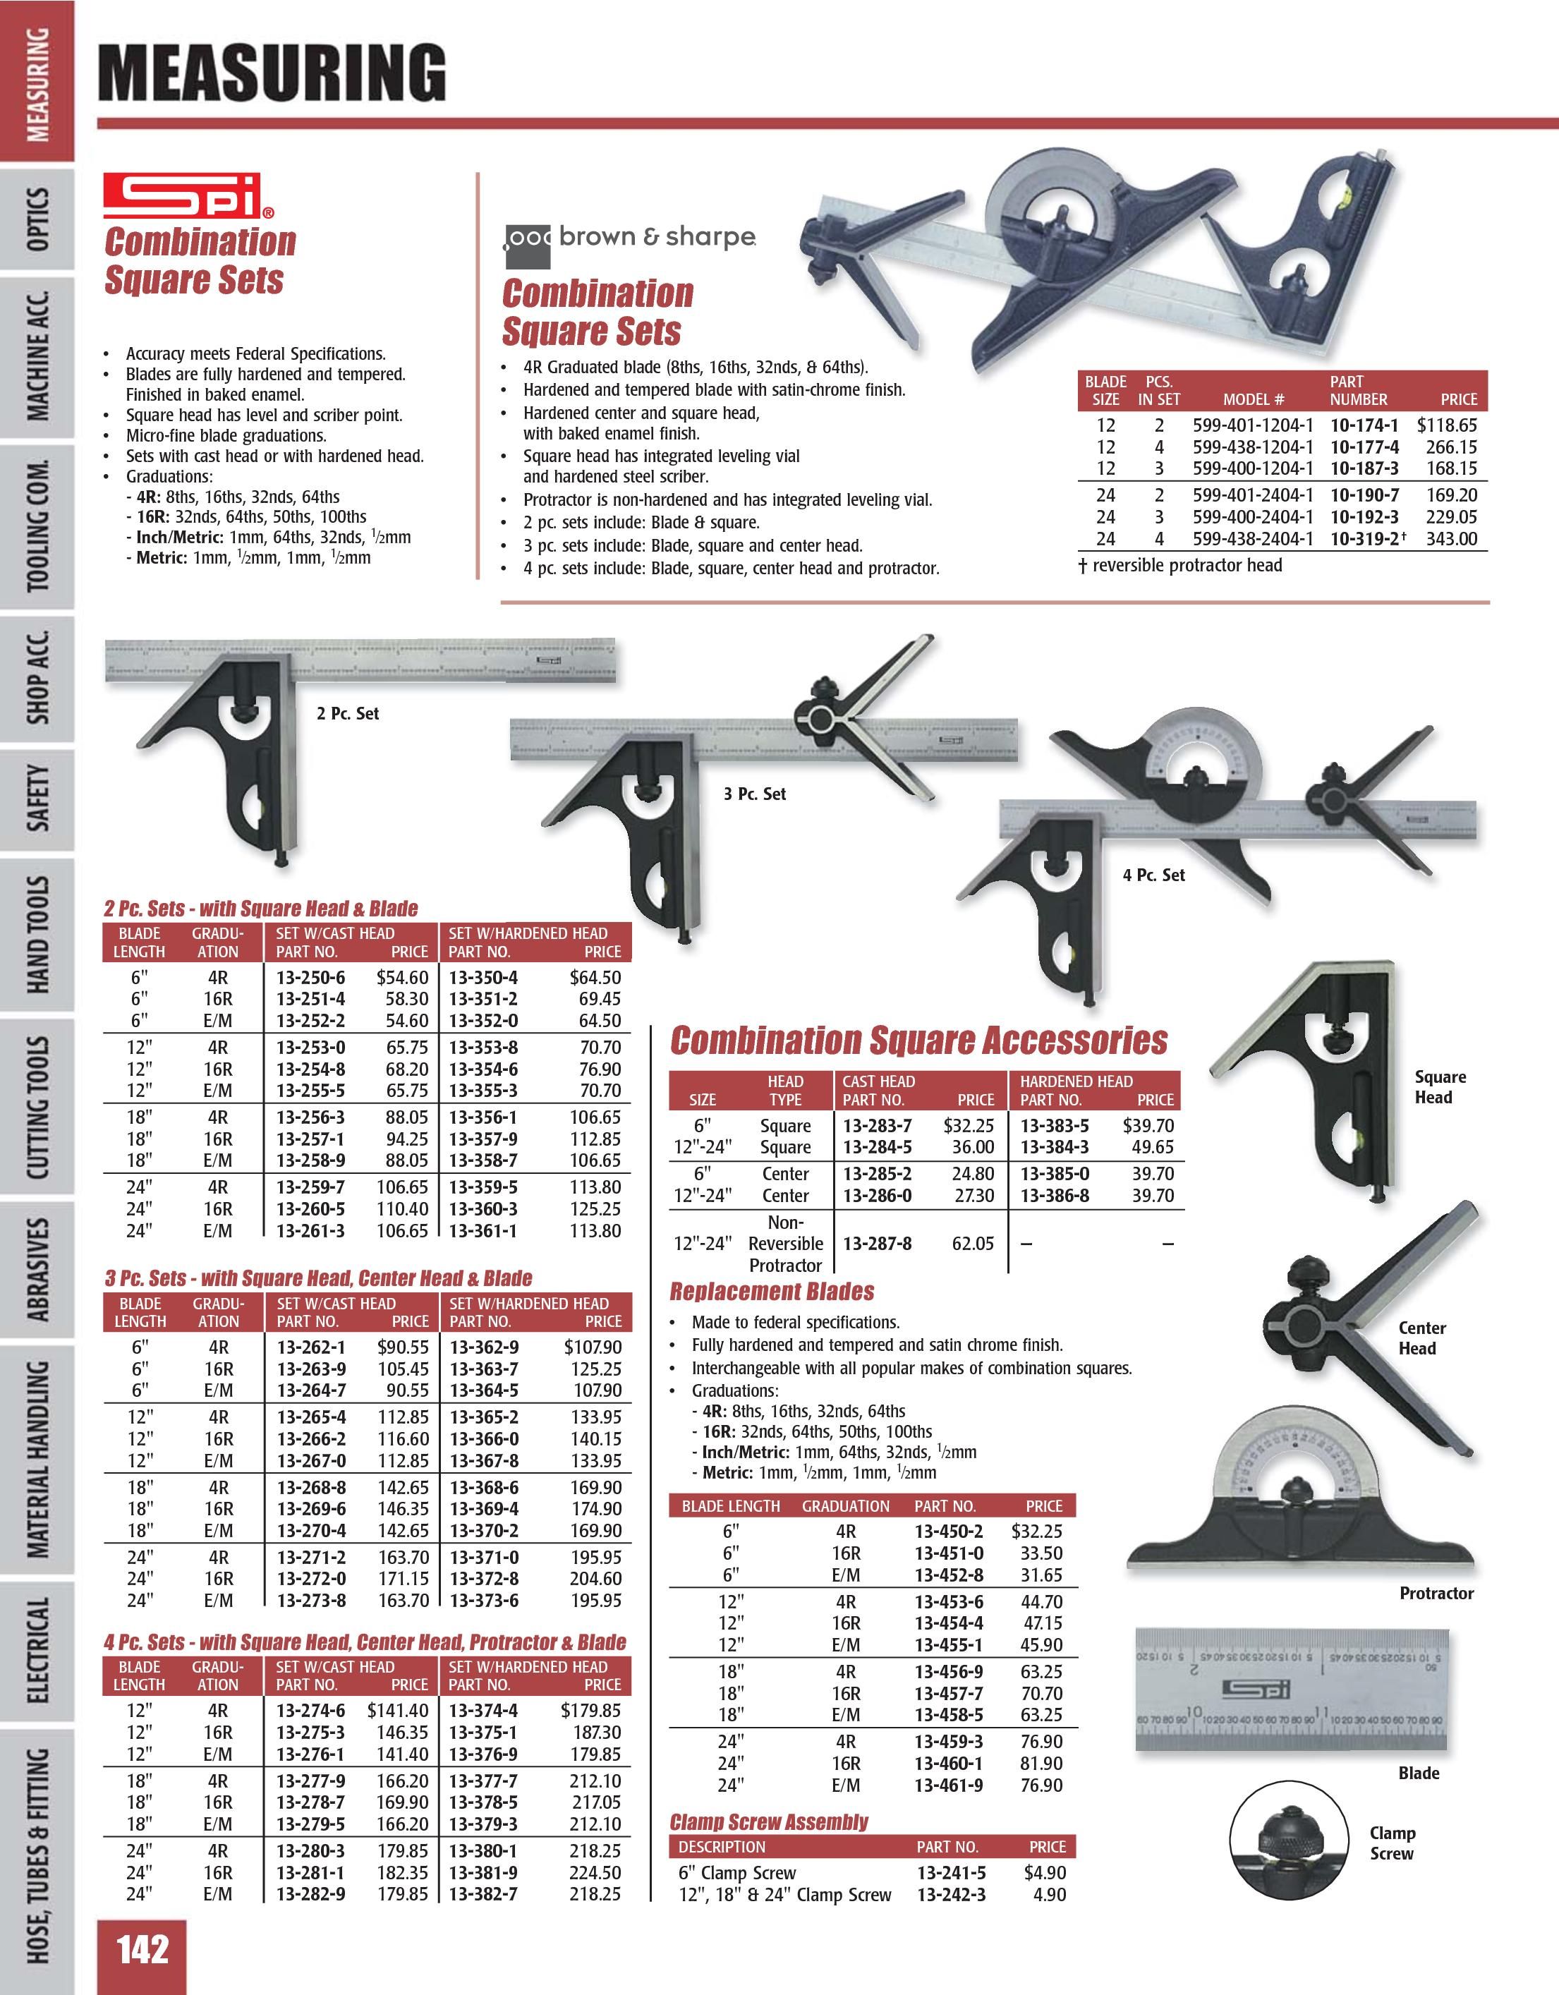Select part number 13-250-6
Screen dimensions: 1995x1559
[x=310, y=978]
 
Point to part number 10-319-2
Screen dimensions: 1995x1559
[x=1364, y=539]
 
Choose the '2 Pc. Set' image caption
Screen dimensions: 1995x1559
[x=347, y=713]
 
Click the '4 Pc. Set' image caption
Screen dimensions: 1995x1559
[x=1153, y=875]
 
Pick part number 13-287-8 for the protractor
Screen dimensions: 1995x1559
[x=877, y=1243]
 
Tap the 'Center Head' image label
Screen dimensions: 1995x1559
[x=1421, y=1338]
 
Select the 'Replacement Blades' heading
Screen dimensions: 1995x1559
[x=772, y=1292]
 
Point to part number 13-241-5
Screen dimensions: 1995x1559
[x=951, y=1872]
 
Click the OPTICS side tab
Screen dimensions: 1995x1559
[x=37, y=219]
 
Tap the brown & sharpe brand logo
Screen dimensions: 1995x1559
[x=630, y=239]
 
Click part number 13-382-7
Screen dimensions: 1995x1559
[x=483, y=1893]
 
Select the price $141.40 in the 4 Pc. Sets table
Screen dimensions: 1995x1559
[x=397, y=1710]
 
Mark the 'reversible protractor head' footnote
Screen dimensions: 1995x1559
[x=1180, y=566]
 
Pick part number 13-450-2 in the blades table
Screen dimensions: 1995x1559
[x=948, y=1531]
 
